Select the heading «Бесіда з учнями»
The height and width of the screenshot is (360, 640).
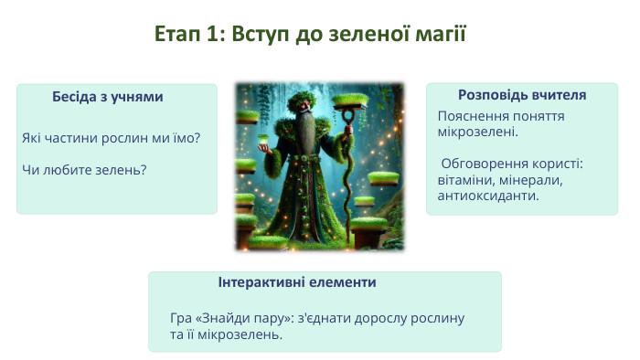coord(107,96)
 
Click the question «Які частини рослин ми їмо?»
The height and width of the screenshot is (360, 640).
coord(111,138)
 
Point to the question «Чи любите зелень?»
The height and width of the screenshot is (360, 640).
coord(84,169)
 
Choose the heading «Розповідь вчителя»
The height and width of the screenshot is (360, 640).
coord(521,95)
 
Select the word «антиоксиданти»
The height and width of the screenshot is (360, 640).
coord(488,195)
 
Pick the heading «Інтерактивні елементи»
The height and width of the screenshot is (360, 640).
coord(297,282)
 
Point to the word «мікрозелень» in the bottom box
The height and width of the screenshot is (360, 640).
coord(240,334)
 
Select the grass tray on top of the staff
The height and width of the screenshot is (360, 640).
coord(352,101)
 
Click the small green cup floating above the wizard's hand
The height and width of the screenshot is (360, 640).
coord(266,138)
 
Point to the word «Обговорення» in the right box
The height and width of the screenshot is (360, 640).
coord(481,164)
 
